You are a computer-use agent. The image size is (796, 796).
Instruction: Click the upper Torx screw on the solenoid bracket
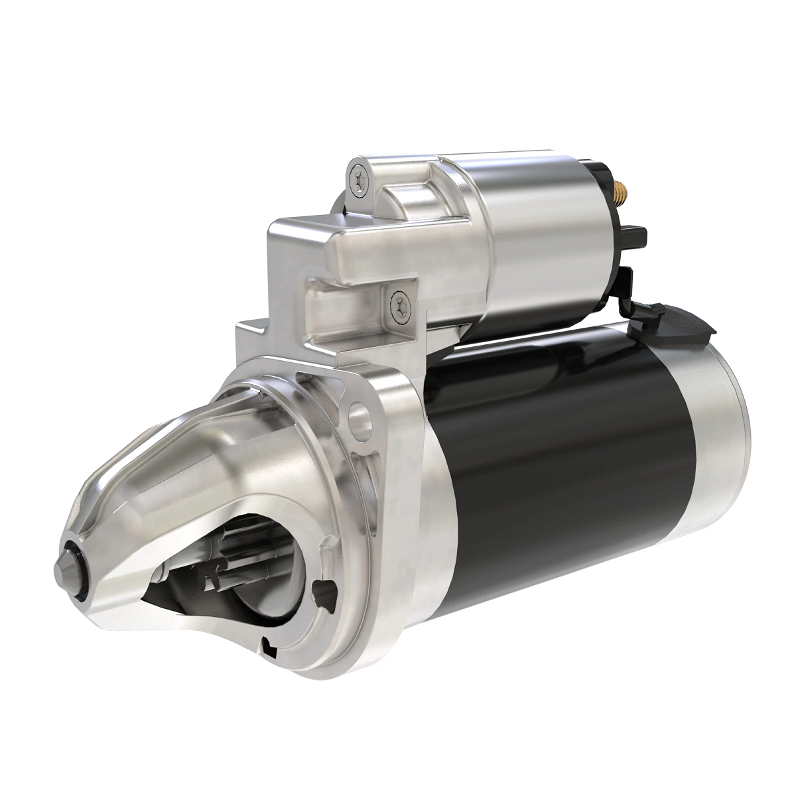pyautogui.click(x=360, y=177)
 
